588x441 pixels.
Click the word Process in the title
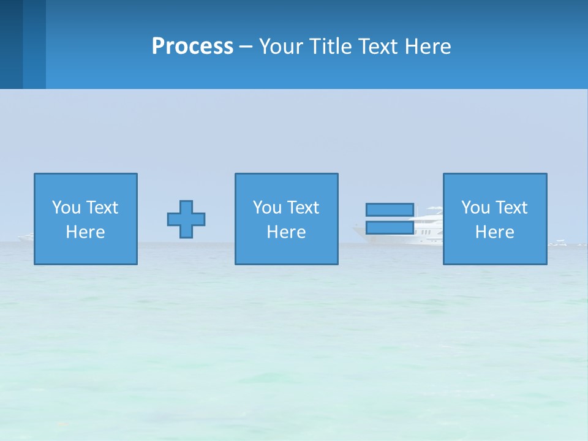coord(192,47)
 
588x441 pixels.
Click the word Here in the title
coord(427,47)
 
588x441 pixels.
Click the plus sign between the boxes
coord(186,219)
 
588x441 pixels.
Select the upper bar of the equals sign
coord(390,209)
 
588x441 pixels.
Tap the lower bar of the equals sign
coord(390,228)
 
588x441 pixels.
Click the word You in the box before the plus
coord(66,208)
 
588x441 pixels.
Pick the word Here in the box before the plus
coord(85,232)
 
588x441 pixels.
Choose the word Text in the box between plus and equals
coord(303,208)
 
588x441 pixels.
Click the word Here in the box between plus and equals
coord(286,232)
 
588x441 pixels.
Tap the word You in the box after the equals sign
coord(475,208)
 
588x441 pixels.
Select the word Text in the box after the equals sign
coord(511,208)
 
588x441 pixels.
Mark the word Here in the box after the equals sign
coord(494,232)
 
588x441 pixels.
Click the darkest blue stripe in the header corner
coord(11,44)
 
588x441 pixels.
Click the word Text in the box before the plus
coord(102,208)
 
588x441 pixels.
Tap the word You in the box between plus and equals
coord(267,208)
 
